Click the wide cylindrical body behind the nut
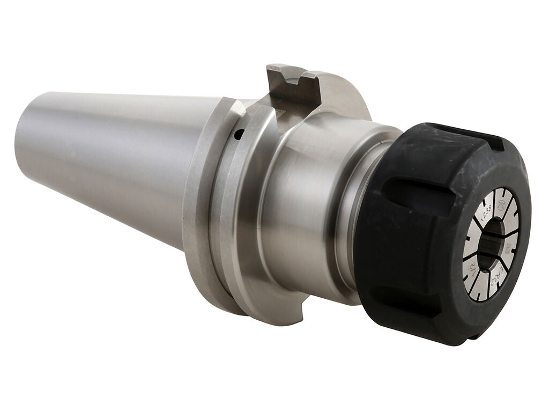[x=300, y=204]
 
